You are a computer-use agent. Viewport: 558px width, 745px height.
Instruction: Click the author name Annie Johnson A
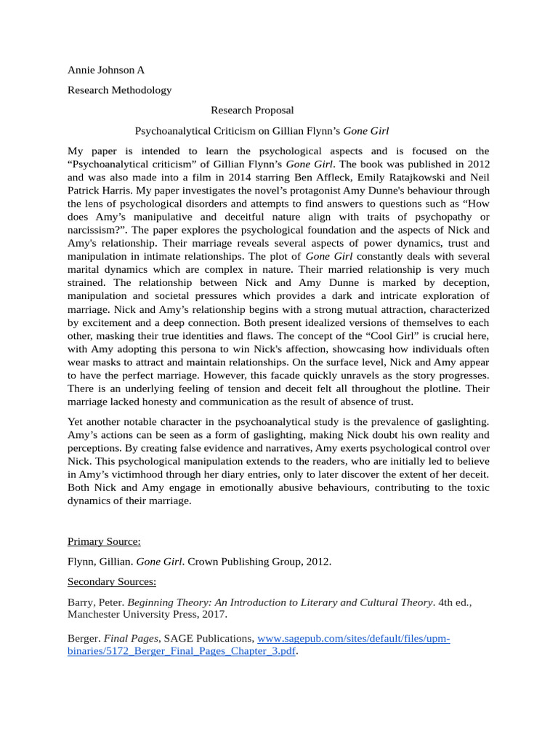click(106, 71)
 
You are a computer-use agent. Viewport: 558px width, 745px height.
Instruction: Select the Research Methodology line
click(120, 90)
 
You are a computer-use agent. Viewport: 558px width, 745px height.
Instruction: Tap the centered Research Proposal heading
click(252, 111)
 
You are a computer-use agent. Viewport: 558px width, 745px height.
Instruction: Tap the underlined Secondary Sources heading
click(112, 582)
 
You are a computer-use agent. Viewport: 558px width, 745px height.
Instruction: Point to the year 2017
click(215, 615)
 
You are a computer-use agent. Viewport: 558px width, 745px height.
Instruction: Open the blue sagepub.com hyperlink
click(354, 639)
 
